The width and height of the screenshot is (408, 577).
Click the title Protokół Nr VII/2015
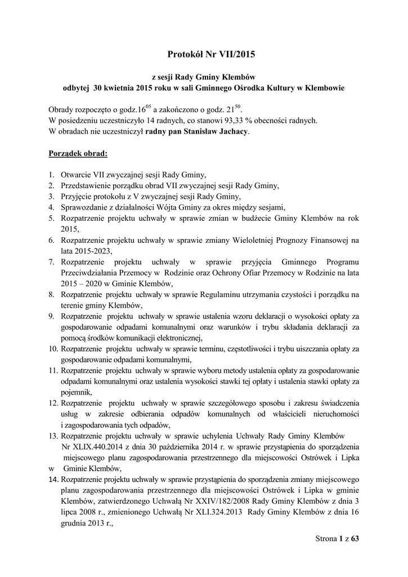pyautogui.click(x=204, y=55)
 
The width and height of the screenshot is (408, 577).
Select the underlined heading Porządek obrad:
pyautogui.click(x=78, y=153)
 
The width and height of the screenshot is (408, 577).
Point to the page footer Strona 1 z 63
pyautogui.click(x=337, y=539)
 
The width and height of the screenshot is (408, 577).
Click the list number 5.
pyautogui.click(x=51, y=218)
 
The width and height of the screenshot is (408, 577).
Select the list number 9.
pyautogui.click(x=51, y=316)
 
